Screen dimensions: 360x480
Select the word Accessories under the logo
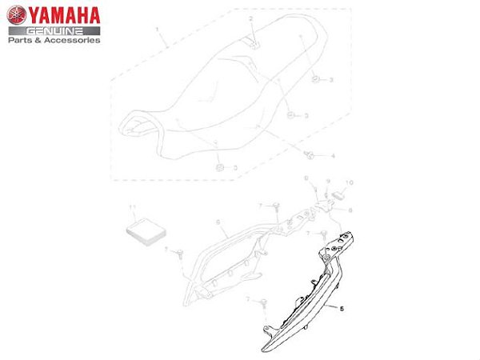(x=73, y=39)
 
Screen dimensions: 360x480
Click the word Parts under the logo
(x=21, y=39)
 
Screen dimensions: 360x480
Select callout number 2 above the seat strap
(x=250, y=18)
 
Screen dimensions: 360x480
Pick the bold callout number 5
(x=342, y=307)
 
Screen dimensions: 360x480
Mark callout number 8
(x=350, y=210)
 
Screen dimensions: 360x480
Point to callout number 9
(x=328, y=183)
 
